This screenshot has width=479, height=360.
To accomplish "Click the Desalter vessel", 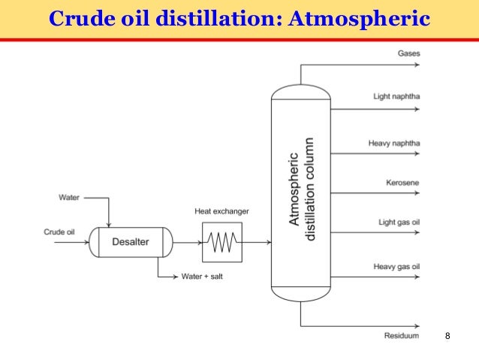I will [130, 241].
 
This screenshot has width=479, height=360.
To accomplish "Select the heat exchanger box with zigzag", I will [221, 241].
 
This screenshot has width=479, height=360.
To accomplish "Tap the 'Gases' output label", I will [408, 53].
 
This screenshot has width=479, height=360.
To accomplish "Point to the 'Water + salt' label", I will [202, 276].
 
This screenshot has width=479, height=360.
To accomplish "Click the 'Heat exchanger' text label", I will [221, 212].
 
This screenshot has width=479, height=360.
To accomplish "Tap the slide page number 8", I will [447, 334].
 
